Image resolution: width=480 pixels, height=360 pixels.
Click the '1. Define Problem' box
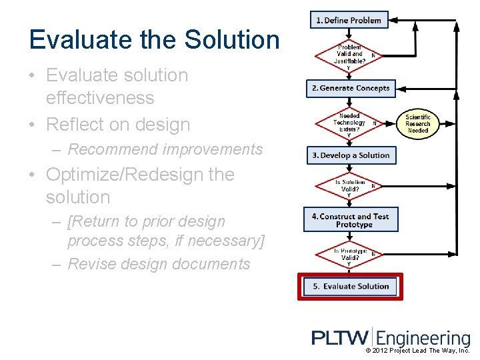click(x=349, y=20)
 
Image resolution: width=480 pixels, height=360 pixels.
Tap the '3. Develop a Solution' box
click(x=351, y=155)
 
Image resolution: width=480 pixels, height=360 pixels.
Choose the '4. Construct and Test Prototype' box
click(x=351, y=221)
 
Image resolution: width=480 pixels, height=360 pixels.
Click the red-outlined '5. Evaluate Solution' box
click(x=351, y=287)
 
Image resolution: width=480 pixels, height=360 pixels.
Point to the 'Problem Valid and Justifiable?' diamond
click(x=349, y=54)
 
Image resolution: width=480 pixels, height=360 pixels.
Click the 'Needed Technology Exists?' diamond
click(x=349, y=123)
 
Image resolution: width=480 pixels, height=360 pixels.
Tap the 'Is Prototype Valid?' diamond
click(x=349, y=254)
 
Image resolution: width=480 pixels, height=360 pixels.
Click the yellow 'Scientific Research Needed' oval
click(x=418, y=124)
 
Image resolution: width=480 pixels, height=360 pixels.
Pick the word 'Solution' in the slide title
click(x=232, y=39)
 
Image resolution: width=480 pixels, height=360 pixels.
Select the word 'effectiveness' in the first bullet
click(x=100, y=98)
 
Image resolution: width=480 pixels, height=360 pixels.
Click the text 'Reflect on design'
click(x=118, y=125)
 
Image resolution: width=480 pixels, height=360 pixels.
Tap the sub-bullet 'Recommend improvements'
click(x=165, y=149)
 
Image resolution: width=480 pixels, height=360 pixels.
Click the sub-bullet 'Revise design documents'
click(x=159, y=264)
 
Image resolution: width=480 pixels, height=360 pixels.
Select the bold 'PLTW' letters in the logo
click(x=341, y=338)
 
